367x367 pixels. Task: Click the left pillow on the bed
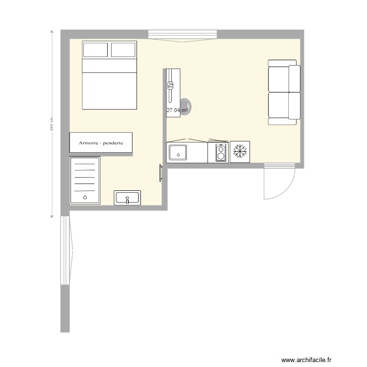(x=95, y=50)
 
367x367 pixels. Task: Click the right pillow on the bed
(x=123, y=50)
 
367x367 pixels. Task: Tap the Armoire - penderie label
(x=101, y=143)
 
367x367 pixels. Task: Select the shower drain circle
(x=85, y=197)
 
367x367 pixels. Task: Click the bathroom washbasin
(x=127, y=198)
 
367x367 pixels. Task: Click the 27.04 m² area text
(x=177, y=111)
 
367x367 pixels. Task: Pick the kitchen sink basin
(x=177, y=152)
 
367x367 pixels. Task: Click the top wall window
(x=182, y=34)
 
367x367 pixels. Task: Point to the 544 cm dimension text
(x=51, y=124)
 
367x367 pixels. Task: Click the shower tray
(x=85, y=180)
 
